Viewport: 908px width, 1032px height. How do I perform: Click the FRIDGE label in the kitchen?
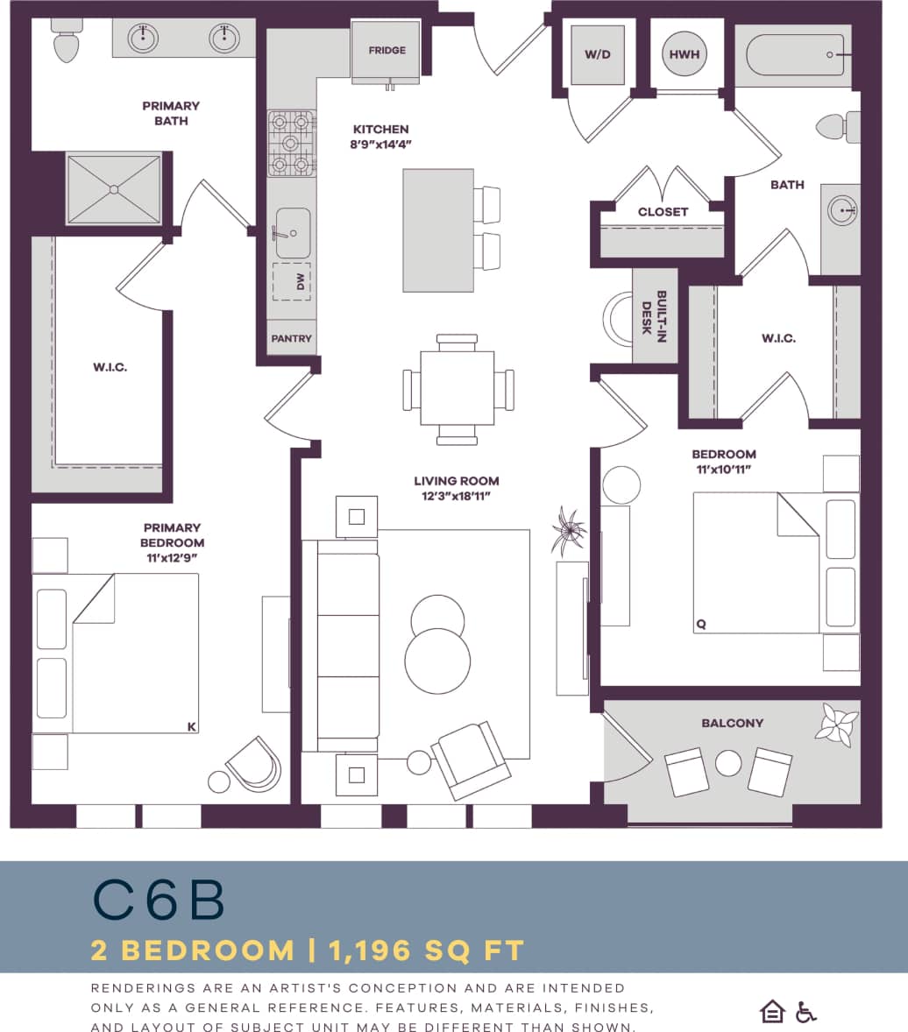pos(387,50)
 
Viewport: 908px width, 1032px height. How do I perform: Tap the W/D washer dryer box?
pos(597,54)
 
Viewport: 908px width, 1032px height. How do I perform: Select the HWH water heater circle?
pos(685,54)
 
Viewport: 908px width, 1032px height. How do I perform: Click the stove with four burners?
pos(291,143)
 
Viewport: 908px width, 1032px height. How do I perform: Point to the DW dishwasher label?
pos(301,281)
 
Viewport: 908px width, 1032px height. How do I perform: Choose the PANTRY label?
pos(291,338)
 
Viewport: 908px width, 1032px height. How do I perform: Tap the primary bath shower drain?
pos(114,189)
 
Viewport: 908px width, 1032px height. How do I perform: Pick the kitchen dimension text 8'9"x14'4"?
pos(380,145)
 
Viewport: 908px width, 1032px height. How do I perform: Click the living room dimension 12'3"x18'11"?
pos(457,496)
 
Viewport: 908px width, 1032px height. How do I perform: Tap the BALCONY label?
pos(732,723)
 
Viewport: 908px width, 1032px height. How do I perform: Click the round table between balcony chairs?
pos(728,763)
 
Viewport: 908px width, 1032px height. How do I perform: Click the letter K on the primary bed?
pos(190,725)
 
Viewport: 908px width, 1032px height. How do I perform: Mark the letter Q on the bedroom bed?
pos(701,625)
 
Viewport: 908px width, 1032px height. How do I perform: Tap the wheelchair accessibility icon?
pos(805,1012)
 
